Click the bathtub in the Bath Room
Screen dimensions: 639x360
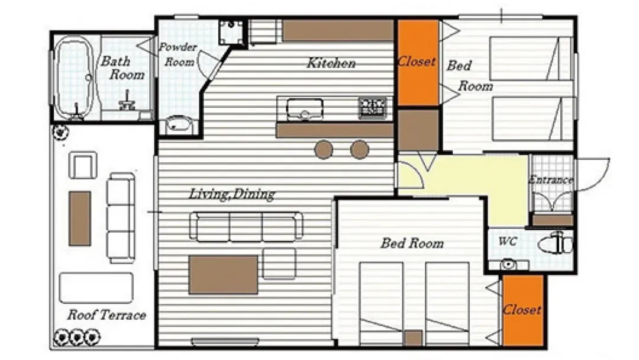pyautogui.click(x=73, y=78)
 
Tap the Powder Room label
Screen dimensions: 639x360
pyautogui.click(x=177, y=54)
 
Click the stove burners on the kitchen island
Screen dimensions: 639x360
pyautogui.click(x=373, y=107)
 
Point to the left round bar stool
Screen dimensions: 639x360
pyautogui.click(x=324, y=150)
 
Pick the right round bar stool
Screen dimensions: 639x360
pyautogui.click(x=360, y=150)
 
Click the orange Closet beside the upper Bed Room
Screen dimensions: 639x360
pyautogui.click(x=418, y=63)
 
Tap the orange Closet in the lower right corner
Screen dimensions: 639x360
pyautogui.click(x=523, y=310)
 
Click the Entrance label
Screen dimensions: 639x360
pyautogui.click(x=551, y=179)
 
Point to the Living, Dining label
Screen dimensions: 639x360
pyautogui.click(x=231, y=194)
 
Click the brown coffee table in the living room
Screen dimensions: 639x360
pyautogui.click(x=223, y=274)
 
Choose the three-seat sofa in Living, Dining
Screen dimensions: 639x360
pyautogui.click(x=246, y=226)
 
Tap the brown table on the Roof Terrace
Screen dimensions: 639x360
pyautogui.click(x=80, y=218)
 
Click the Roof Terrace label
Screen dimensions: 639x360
pyautogui.click(x=106, y=315)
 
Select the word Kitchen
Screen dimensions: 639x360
pyautogui.click(x=331, y=63)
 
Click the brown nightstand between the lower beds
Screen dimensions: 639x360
pyautogui.click(x=413, y=338)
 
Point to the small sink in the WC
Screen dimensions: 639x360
pyautogui.click(x=508, y=265)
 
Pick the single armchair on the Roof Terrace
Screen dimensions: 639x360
pyautogui.click(x=83, y=165)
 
